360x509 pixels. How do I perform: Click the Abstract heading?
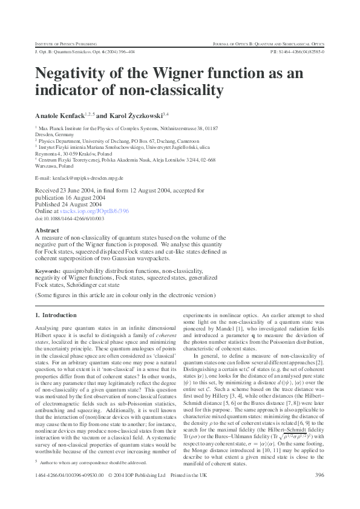coord(47,231)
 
